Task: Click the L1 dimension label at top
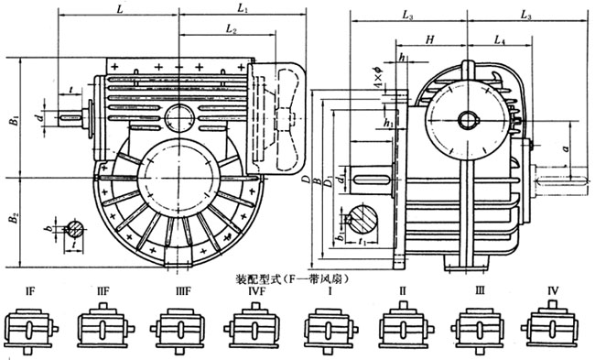pyautogui.click(x=241, y=8)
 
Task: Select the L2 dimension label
pyautogui.click(x=233, y=32)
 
